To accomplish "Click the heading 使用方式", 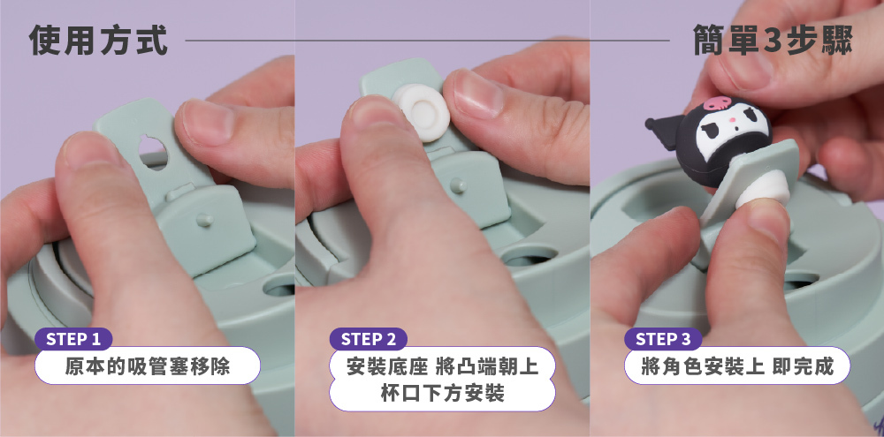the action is point(98,41).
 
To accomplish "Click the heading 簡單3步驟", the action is point(773,41).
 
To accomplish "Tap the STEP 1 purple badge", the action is point(73,339).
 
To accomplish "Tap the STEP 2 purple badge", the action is point(369,339).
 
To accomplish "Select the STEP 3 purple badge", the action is point(663,339).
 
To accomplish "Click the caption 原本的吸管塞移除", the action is point(148,366).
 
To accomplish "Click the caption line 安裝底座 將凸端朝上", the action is point(443,366).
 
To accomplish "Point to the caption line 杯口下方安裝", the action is point(443,394).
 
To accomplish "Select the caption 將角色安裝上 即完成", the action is point(737,366).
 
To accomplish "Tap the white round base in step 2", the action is point(421,112).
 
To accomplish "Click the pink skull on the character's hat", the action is point(714,103).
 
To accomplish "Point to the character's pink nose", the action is point(732,120).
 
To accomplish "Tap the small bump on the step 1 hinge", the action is point(204,219).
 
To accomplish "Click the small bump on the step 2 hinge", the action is point(459,185).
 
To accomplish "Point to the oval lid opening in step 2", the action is point(530,256).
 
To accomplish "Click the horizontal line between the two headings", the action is point(427,41).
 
